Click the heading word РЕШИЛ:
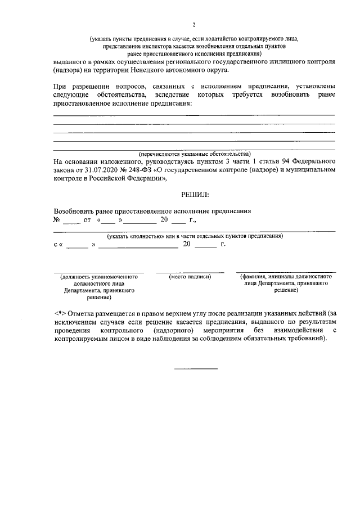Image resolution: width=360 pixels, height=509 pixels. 195,195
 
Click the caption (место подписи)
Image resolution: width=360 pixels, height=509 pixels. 190,277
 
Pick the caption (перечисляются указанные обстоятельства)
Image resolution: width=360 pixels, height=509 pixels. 195,154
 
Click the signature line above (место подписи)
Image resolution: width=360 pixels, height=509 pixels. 190,272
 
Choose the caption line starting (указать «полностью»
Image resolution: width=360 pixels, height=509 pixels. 195,236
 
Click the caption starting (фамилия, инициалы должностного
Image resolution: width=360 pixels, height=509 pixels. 286,277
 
